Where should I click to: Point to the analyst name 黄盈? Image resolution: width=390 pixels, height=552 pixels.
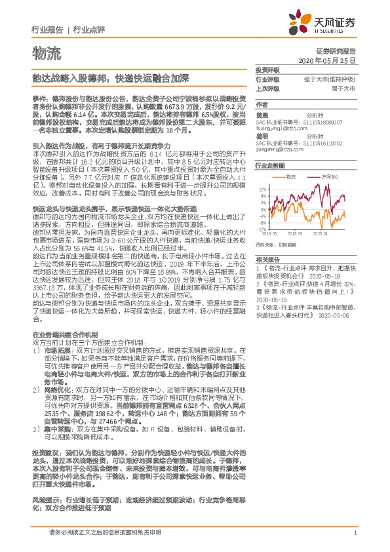(x=262, y=114)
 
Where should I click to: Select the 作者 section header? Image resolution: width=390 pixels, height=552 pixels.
(x=262, y=104)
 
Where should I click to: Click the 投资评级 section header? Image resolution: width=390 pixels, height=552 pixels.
(x=267, y=69)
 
